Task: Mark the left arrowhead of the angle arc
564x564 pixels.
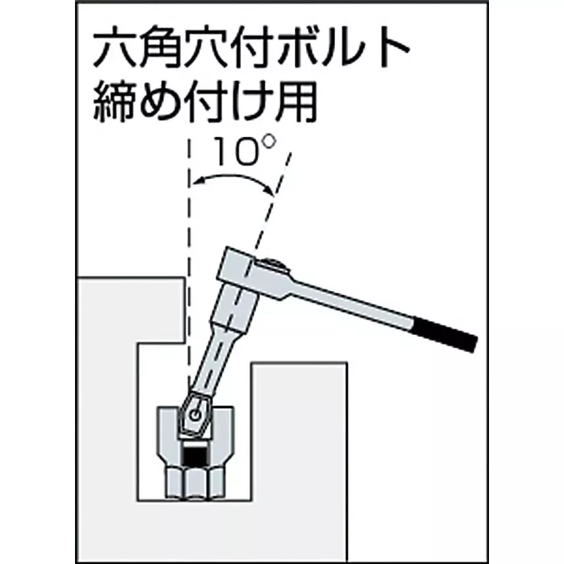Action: point(197,181)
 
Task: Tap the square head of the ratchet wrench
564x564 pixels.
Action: point(238,265)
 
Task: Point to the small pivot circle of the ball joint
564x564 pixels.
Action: point(195,415)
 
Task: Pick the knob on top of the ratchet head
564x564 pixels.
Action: point(273,266)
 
